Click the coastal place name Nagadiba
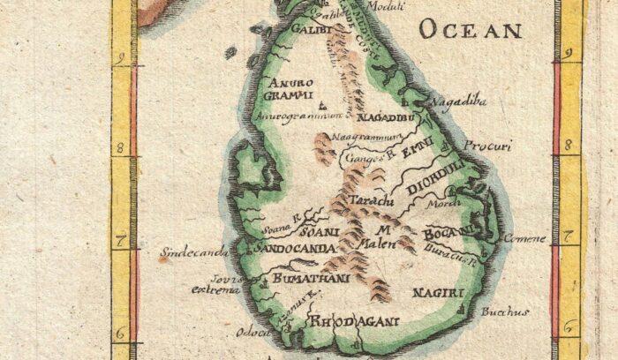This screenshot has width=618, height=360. (458, 102)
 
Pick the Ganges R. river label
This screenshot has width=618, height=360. (366, 158)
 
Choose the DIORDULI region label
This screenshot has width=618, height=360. (435, 176)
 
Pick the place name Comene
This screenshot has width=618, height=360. (520, 238)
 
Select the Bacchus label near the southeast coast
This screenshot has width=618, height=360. (505, 311)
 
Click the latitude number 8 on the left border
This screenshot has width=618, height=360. (119, 147)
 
